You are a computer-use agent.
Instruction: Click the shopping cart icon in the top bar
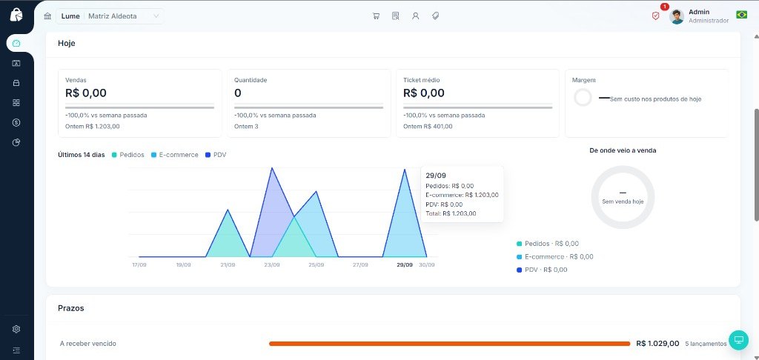(376, 16)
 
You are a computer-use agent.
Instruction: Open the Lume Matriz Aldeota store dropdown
(110, 16)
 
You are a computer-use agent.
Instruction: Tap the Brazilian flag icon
(741, 15)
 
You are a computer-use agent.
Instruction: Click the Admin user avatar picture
(677, 16)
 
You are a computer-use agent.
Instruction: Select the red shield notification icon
(655, 16)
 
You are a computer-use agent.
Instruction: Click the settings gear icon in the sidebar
(16, 329)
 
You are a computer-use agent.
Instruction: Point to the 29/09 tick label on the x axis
(405, 264)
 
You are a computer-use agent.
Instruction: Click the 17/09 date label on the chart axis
(139, 264)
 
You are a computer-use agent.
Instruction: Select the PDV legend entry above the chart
(216, 155)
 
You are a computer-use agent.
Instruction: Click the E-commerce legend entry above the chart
(175, 155)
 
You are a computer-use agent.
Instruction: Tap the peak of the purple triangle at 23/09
(272, 168)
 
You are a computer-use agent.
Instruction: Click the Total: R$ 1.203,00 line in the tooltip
(451, 213)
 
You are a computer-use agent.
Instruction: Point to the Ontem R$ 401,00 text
(428, 126)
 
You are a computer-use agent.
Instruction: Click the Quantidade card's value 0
(238, 93)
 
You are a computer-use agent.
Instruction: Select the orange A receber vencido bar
(450, 344)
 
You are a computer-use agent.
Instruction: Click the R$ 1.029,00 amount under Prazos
(658, 344)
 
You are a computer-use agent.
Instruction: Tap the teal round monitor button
(739, 340)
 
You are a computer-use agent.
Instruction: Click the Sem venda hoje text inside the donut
(623, 201)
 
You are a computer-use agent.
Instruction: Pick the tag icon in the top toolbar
(435, 16)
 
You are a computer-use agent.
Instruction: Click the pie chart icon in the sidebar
(16, 142)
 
